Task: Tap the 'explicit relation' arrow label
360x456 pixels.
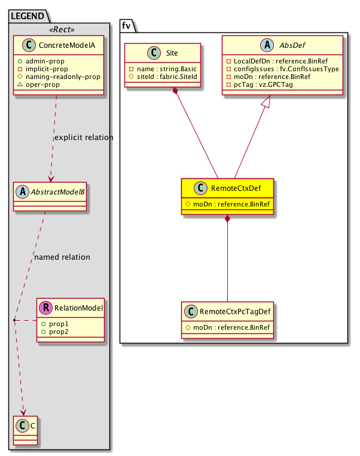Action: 83,138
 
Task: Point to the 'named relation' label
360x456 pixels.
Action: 62,257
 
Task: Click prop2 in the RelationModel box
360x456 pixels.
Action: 58,331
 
